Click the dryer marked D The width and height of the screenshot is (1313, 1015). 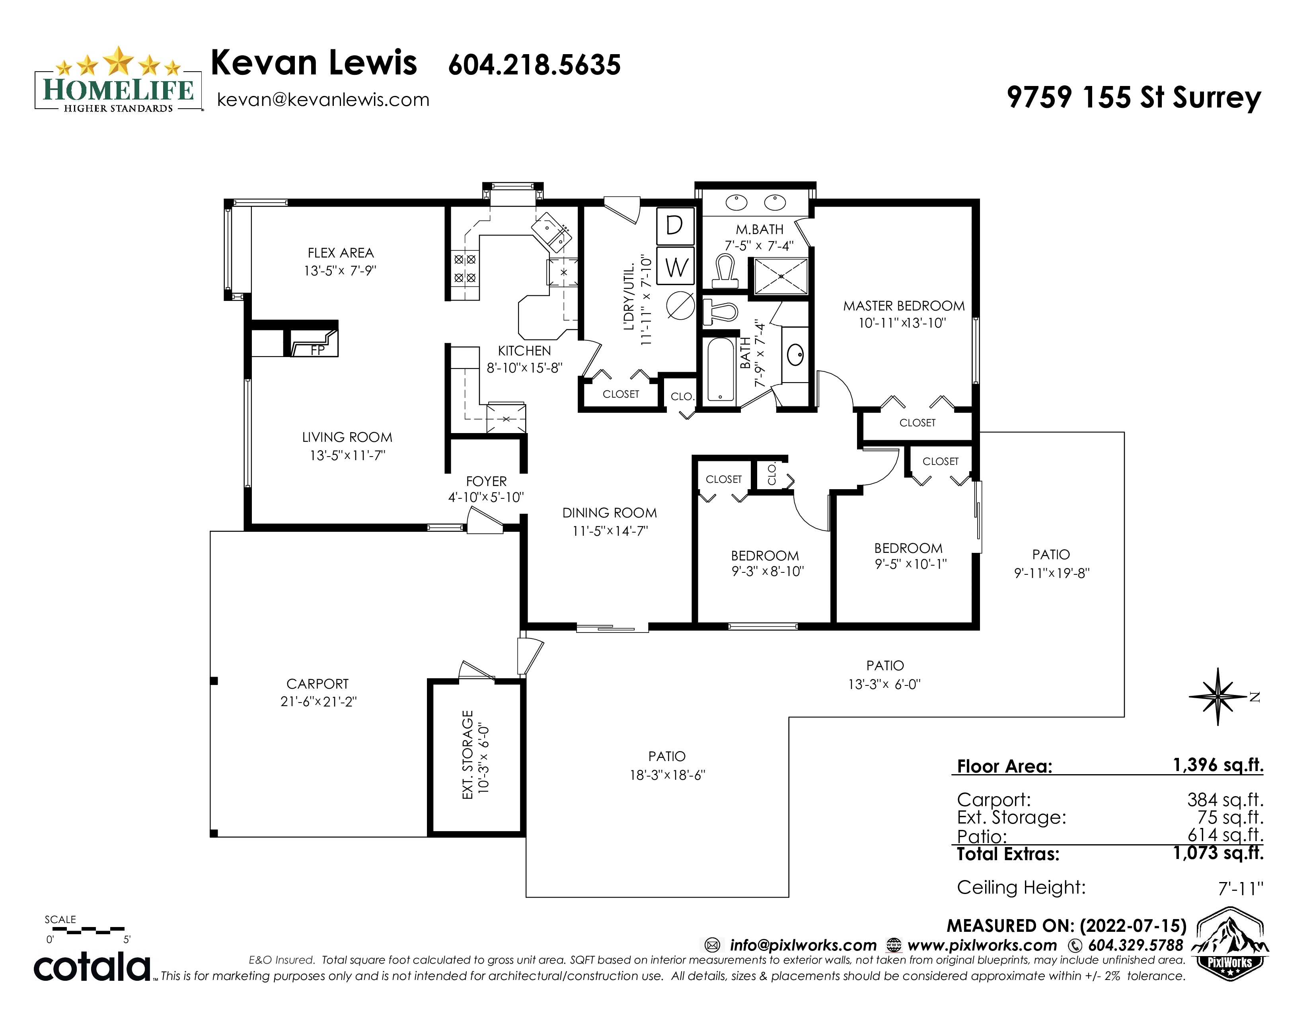tap(675, 225)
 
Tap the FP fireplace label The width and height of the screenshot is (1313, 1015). tap(318, 350)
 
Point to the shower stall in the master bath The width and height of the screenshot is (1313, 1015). tap(780, 276)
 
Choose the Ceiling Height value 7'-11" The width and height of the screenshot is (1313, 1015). tap(1241, 888)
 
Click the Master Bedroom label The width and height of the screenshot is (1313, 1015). tap(904, 306)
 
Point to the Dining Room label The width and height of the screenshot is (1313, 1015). tap(610, 513)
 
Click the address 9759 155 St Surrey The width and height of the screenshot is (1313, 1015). tap(1134, 98)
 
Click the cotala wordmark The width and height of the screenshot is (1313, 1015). tap(92, 966)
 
